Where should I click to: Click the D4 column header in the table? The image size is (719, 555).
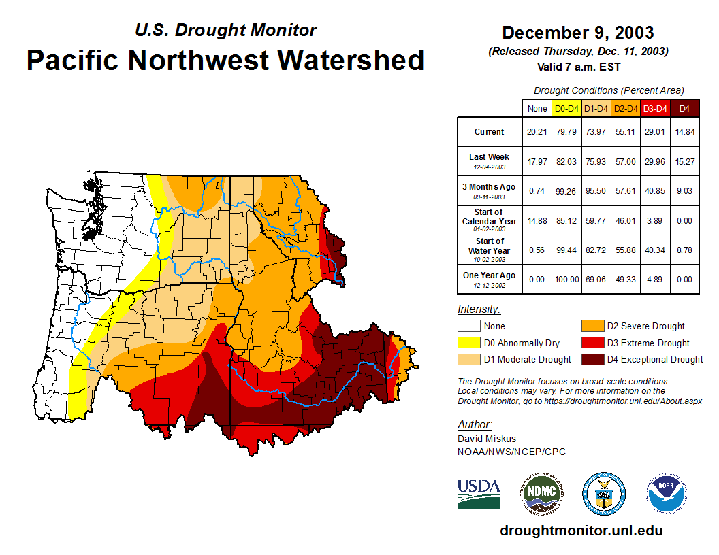click(684, 108)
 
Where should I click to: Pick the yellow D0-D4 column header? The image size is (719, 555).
click(566, 108)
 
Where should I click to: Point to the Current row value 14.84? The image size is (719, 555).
click(684, 132)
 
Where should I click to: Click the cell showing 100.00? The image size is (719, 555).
click(566, 279)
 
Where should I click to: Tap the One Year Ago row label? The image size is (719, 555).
click(490, 275)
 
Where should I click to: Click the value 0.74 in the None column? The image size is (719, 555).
click(537, 191)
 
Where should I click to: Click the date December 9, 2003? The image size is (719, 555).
click(578, 33)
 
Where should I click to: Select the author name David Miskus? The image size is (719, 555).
click(486, 439)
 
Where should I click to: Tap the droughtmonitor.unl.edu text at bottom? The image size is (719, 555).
click(581, 531)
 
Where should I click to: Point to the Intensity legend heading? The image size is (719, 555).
click(479, 309)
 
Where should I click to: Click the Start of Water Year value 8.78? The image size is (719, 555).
click(684, 250)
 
